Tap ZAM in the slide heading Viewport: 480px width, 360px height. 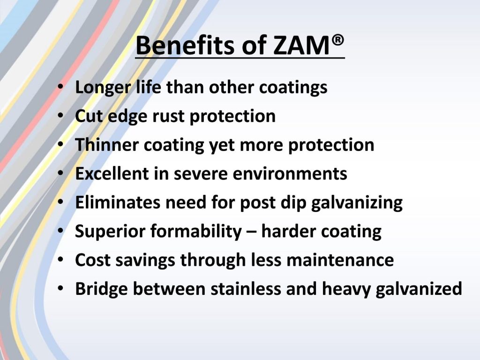click(301, 45)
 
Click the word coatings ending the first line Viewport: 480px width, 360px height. click(293, 88)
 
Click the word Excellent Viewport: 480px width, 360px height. click(112, 173)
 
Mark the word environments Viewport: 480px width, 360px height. click(290, 173)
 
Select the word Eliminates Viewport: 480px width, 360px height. click(118, 202)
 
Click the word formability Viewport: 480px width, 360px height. click(196, 232)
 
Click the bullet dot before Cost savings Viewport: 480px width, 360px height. click(60, 260)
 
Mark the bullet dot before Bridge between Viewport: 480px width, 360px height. click(60, 288)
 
